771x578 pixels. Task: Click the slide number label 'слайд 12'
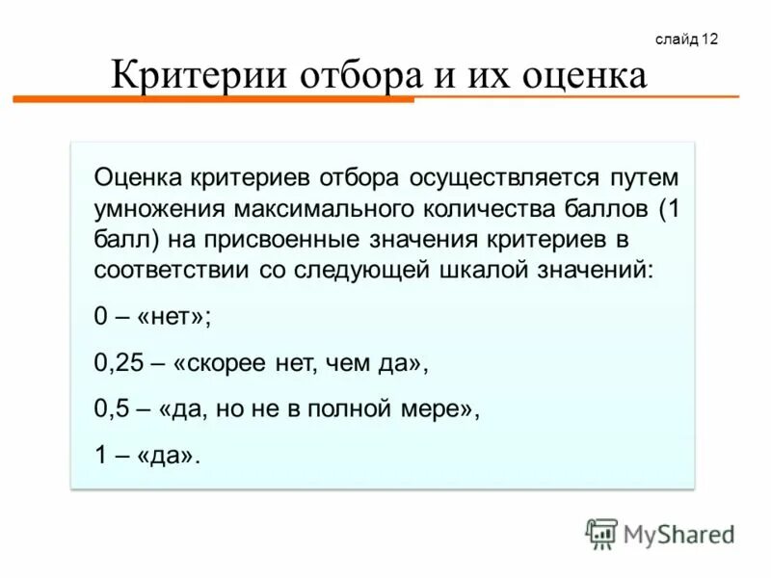pos(686,39)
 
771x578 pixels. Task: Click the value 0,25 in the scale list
pos(117,365)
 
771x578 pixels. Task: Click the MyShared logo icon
pos(602,533)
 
